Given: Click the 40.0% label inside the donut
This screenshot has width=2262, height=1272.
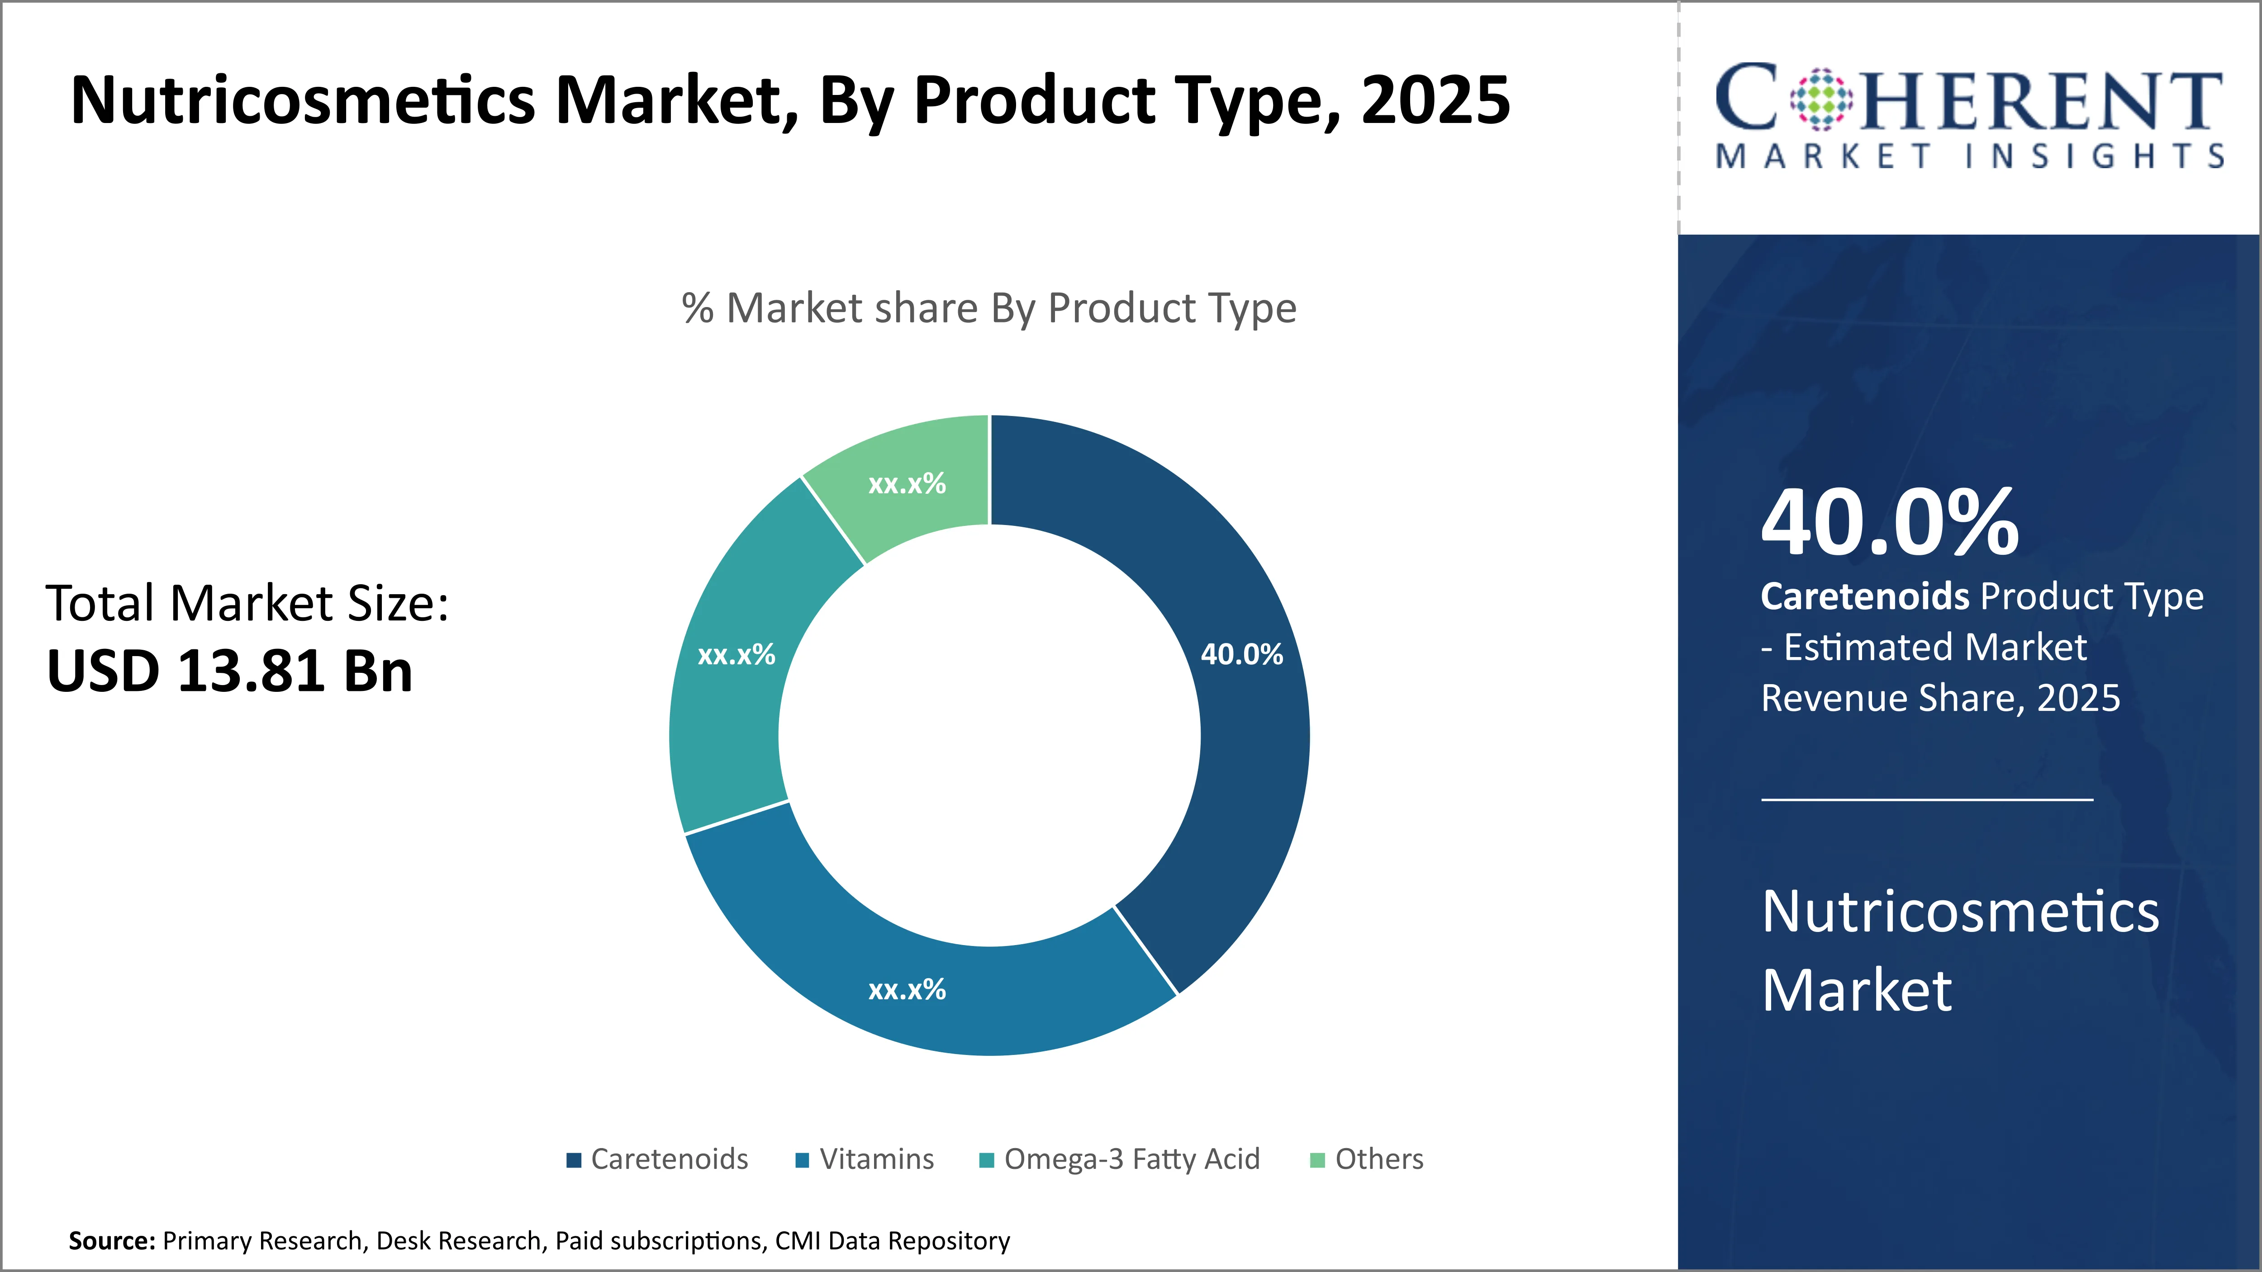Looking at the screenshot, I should pyautogui.click(x=1242, y=654).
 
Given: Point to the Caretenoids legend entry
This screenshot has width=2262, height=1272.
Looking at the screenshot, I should pyautogui.click(x=659, y=1160).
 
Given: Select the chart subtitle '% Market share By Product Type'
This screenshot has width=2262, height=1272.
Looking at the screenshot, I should pyautogui.click(x=989, y=308).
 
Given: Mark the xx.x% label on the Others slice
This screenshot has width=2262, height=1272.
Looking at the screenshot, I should pyautogui.click(x=907, y=484).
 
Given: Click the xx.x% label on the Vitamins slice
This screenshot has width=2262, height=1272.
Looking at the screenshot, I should pyautogui.click(x=907, y=990).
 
